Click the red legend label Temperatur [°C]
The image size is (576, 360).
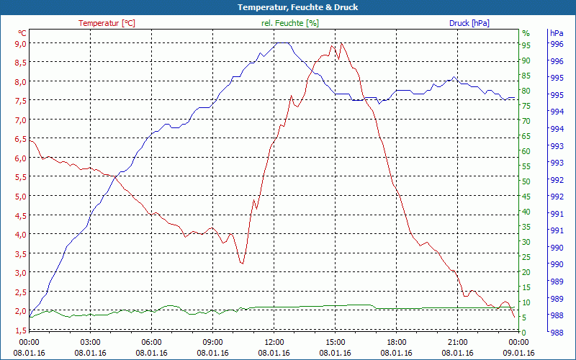(107, 23)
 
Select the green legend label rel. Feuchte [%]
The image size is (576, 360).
(289, 23)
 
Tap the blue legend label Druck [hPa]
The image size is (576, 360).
(469, 23)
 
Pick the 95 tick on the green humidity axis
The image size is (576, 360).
(526, 45)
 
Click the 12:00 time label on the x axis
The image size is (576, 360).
(274, 342)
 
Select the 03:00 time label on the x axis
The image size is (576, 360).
(91, 342)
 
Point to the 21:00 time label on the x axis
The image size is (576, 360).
(458, 342)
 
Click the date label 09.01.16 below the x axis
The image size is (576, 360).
(519, 353)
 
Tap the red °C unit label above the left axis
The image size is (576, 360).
(22, 33)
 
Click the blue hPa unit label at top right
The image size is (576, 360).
(557, 33)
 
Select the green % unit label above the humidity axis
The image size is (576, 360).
(526, 33)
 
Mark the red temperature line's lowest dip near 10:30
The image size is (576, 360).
(243, 264)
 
